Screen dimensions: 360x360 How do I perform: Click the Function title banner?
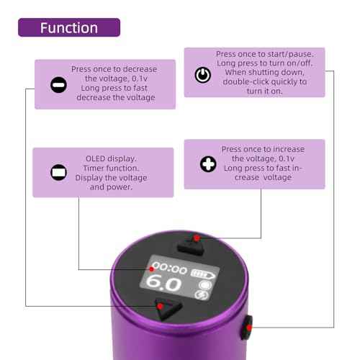pos(68,28)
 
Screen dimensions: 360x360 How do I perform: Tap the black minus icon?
pos(58,84)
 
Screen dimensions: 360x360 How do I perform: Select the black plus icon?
pos(208,165)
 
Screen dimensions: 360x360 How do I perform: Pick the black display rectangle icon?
pos(58,173)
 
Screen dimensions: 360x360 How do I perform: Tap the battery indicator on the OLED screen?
pos(204,272)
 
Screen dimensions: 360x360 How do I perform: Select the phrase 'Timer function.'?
pos(111,167)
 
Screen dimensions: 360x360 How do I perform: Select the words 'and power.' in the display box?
pos(111,187)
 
